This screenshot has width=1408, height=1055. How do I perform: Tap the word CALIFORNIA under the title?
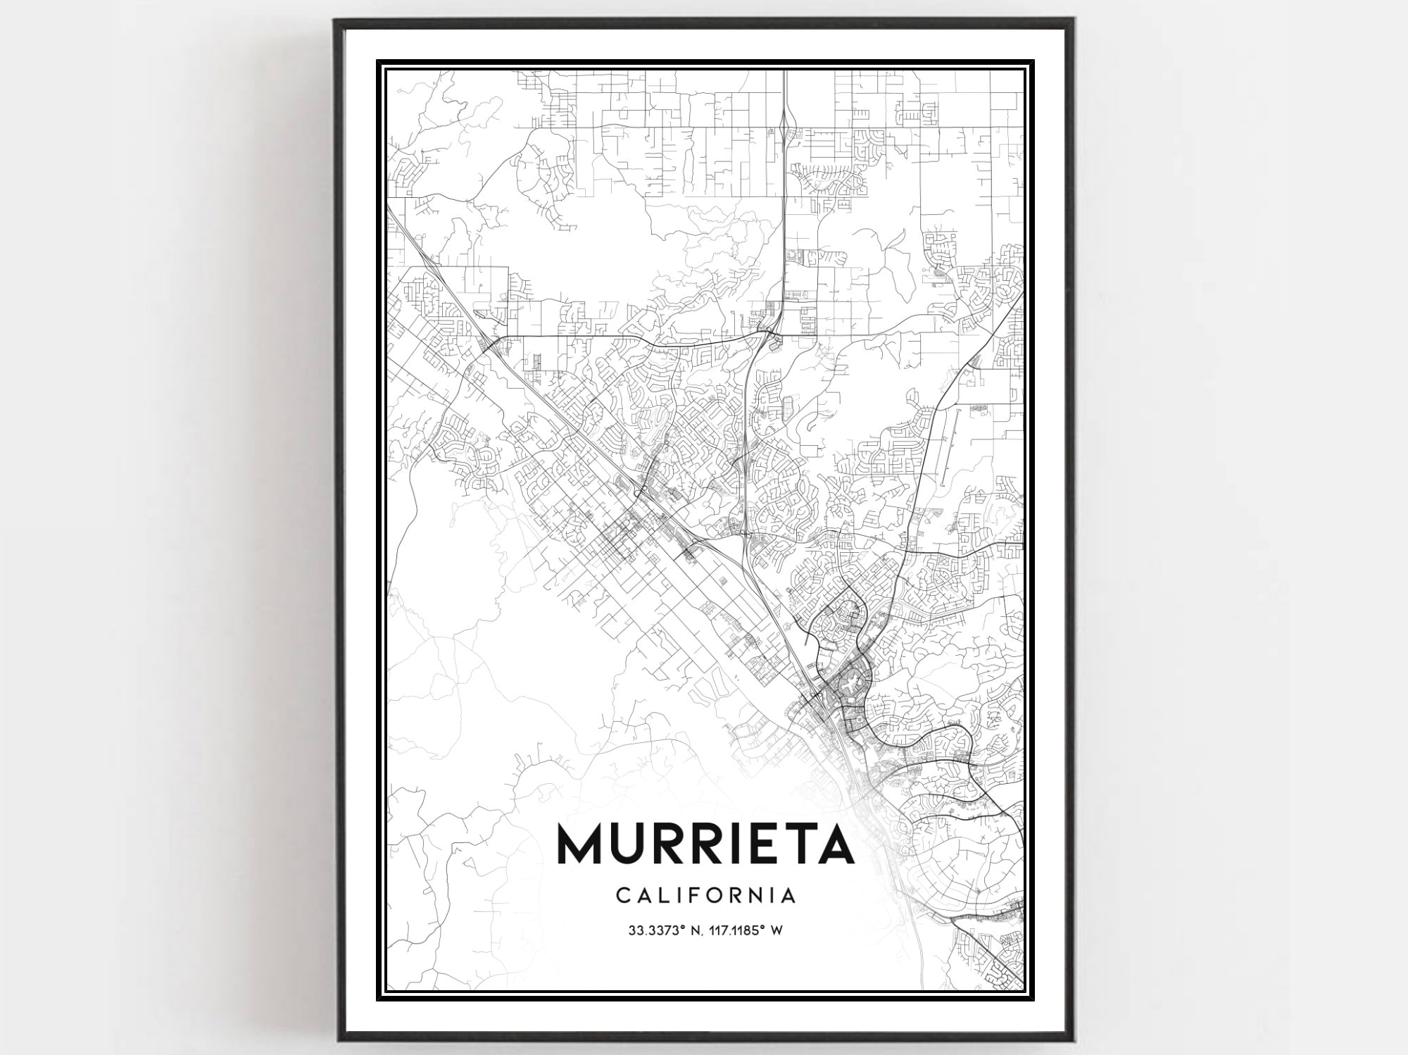click(x=705, y=896)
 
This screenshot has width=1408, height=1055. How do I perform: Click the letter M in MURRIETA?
click(x=581, y=844)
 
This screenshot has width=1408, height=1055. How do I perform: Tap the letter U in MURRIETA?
click(x=632, y=844)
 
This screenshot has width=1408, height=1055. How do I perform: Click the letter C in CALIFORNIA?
click(x=622, y=896)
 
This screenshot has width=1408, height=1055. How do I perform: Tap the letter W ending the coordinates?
click(x=777, y=930)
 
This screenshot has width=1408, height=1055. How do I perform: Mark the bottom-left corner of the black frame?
click(x=337, y=1041)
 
